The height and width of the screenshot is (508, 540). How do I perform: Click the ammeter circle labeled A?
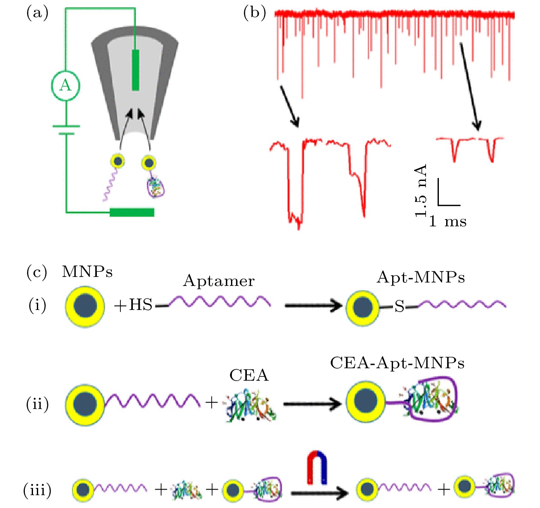(x=66, y=85)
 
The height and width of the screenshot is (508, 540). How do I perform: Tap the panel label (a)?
(x=37, y=13)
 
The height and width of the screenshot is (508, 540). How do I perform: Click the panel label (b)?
(x=255, y=13)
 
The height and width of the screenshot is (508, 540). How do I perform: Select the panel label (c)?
(x=37, y=273)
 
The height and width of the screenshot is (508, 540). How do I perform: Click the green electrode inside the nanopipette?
(x=135, y=70)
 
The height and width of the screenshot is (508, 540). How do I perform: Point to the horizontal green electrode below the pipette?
(x=132, y=212)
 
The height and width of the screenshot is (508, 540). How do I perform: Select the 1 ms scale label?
(x=448, y=222)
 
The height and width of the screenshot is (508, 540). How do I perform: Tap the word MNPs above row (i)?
(x=87, y=272)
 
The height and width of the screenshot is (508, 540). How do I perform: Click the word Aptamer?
(x=219, y=281)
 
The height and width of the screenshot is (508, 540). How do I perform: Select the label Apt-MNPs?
(x=420, y=278)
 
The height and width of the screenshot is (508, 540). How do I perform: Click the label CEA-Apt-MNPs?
(x=397, y=364)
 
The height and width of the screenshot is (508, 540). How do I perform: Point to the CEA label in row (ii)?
(x=249, y=376)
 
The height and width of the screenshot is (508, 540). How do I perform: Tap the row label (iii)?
(x=37, y=490)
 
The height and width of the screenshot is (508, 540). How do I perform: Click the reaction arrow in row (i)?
(x=313, y=306)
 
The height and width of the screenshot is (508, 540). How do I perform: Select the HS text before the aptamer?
(x=141, y=305)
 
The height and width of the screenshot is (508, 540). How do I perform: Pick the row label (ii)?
(x=37, y=404)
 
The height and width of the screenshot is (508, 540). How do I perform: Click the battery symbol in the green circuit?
(x=66, y=130)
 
